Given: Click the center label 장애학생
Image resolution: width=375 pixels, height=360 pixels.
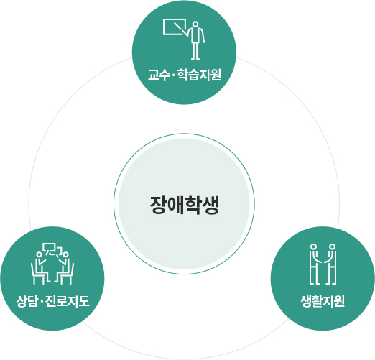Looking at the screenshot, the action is (x=185, y=205).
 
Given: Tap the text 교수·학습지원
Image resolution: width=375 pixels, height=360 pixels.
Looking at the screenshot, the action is (x=185, y=75).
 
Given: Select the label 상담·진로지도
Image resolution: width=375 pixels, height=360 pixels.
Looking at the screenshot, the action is (x=53, y=301).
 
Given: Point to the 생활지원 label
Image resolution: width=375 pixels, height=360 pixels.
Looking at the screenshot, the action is (x=323, y=301).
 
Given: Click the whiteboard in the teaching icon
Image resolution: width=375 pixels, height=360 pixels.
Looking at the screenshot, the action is (x=175, y=27).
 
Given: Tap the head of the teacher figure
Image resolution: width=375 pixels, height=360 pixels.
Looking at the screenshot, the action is (x=195, y=24).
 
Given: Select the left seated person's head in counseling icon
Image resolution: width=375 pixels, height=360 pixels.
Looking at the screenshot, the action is (x=39, y=254).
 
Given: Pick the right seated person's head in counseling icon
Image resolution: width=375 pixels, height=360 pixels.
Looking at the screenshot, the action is (x=66, y=254).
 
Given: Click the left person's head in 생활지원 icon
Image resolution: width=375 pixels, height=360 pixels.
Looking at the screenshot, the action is (x=313, y=246).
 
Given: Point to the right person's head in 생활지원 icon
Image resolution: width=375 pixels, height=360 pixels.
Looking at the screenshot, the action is (x=332, y=246).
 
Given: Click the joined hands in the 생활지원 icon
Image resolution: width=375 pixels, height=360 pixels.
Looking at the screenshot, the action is (x=323, y=260).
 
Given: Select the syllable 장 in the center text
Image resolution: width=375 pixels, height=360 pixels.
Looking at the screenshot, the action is (x=159, y=205).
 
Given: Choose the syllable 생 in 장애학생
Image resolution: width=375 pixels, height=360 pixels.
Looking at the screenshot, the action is (x=210, y=205).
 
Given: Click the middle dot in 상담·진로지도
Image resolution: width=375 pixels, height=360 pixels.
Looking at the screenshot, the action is (x=41, y=301).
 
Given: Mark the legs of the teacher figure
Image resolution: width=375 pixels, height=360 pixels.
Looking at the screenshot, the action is (x=195, y=51).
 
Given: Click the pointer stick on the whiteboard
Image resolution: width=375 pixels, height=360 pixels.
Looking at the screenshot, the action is (x=181, y=29).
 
